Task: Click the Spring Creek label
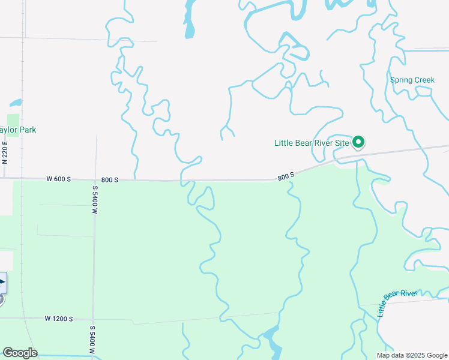[412, 80]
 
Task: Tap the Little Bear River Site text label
[312, 143]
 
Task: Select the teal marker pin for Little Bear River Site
[358, 142]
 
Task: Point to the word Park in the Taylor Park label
[26, 130]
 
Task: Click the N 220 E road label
[5, 152]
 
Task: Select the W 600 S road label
[59, 179]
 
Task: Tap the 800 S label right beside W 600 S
[110, 179]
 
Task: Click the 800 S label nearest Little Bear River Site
[286, 176]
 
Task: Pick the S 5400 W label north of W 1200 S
[95, 200]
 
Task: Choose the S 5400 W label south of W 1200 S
[92, 339]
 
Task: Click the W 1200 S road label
[59, 319]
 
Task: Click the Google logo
[20, 353]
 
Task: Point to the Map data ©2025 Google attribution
[412, 355]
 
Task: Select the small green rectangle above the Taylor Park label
[13, 125]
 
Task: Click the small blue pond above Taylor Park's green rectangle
[16, 103]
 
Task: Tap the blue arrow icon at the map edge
[2, 282]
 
